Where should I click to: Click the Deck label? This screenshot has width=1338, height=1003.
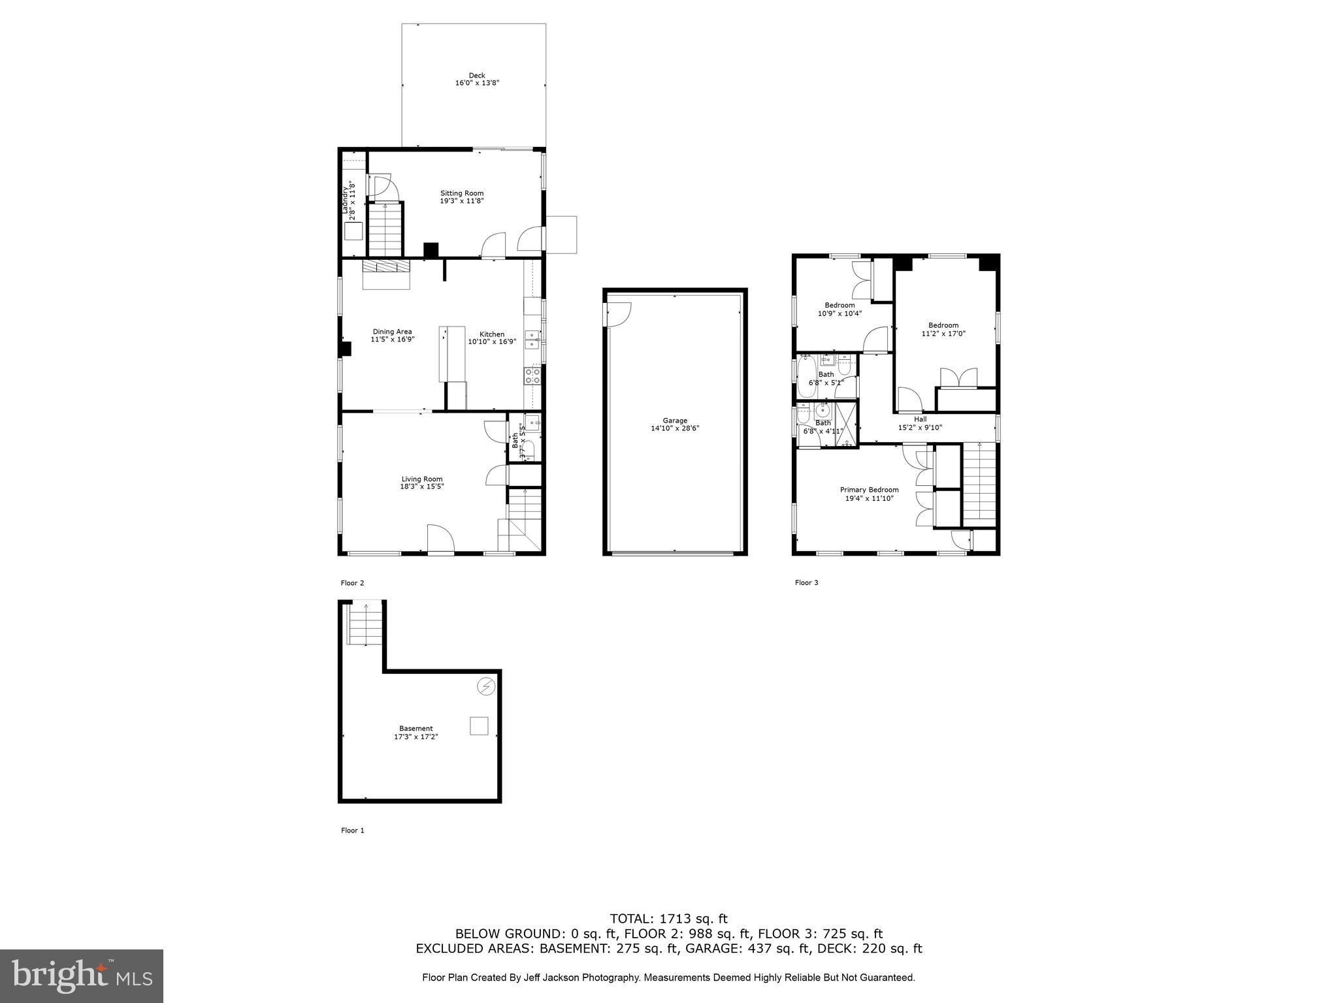coord(477,75)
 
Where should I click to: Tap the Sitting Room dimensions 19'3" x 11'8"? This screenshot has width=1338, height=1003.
coord(461,201)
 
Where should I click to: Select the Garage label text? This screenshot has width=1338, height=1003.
coord(675,421)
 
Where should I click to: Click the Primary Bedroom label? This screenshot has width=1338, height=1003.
coord(869,490)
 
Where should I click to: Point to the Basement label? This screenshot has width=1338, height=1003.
coord(416,728)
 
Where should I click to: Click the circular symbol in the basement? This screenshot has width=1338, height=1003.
coord(486,686)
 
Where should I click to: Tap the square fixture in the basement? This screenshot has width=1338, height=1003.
coord(479,726)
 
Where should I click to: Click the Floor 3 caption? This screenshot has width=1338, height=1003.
coord(806,582)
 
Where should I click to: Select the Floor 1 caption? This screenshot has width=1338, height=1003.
coord(352,830)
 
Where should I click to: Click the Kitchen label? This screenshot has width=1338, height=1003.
coord(492,334)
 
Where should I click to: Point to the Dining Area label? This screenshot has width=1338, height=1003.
coord(392,332)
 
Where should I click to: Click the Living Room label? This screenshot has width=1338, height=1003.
coord(422,479)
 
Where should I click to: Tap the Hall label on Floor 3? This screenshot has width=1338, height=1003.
coord(920,419)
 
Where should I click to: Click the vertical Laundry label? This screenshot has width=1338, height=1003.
coord(345,200)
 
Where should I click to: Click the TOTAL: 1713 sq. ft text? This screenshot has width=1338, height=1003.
coord(668,919)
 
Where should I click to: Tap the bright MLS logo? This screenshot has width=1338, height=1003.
coord(82,976)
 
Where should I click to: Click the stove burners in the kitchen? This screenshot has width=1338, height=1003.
coord(532,375)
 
